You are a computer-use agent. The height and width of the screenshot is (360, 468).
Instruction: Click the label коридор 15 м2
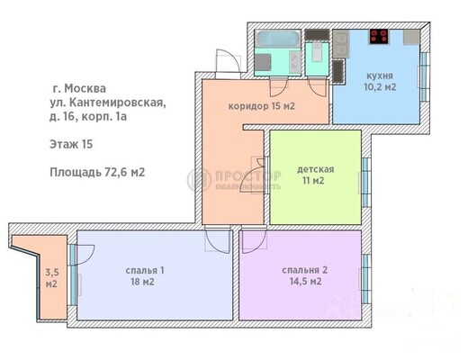tap(263, 106)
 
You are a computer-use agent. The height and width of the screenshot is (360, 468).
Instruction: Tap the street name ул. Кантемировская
tap(107, 103)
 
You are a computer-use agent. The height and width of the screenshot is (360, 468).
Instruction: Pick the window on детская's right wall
tap(366, 175)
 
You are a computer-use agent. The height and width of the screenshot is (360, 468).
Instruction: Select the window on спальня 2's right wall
tap(366, 271)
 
